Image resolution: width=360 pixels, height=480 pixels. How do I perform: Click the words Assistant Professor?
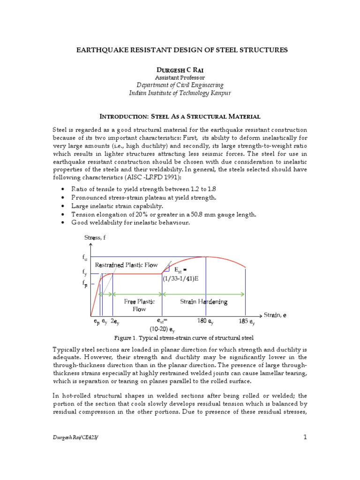coord(180,77)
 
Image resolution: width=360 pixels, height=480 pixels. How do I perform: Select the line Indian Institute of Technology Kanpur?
coord(180,93)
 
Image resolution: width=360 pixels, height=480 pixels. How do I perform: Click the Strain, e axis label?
coord(275,315)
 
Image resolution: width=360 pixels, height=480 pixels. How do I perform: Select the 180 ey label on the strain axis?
coord(206,322)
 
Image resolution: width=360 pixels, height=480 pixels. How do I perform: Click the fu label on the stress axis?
coord(84,257)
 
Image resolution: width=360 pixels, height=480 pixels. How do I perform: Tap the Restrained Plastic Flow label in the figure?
coord(126,265)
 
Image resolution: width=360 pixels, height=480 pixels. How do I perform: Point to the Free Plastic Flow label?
coord(139,305)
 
